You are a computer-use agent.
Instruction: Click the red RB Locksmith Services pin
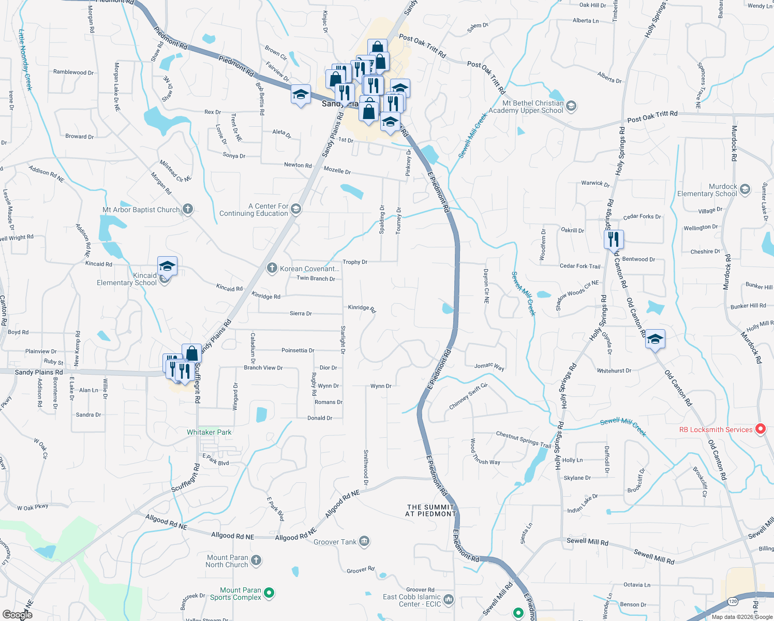(x=760, y=429)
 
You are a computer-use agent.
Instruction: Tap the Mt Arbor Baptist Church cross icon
(x=188, y=209)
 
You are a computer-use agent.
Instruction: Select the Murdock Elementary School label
(x=707, y=190)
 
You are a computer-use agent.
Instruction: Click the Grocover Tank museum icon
(x=364, y=541)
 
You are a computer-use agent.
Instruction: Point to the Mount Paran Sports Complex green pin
(x=269, y=593)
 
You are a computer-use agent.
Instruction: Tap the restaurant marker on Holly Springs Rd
(x=614, y=240)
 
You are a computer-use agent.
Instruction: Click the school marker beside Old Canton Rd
(x=655, y=340)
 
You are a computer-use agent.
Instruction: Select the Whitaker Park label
(x=209, y=432)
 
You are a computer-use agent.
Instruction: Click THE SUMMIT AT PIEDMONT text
(x=430, y=510)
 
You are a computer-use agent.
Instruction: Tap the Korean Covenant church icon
(x=272, y=268)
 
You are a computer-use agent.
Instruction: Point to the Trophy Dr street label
(x=355, y=262)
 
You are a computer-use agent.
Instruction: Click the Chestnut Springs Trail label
(x=524, y=439)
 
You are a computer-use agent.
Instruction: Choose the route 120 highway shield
(x=732, y=601)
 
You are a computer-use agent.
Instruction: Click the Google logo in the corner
(x=17, y=615)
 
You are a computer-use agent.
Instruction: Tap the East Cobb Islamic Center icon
(x=449, y=599)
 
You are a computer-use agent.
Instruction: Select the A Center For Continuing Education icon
(x=296, y=209)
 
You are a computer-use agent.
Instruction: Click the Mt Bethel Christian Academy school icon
(x=571, y=107)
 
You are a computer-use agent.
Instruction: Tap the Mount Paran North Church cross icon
(x=256, y=560)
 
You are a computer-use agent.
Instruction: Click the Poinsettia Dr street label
(x=297, y=350)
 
